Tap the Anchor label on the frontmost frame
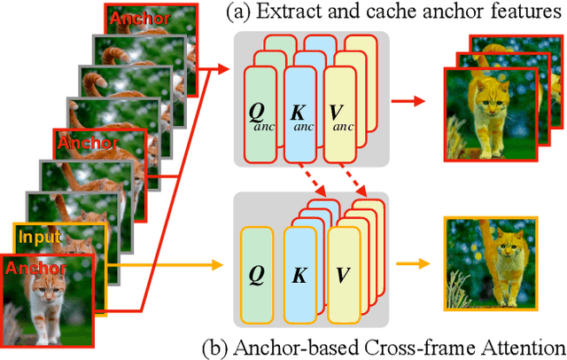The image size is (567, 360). click(x=35, y=268)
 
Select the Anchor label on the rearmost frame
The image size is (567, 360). click(x=136, y=18)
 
